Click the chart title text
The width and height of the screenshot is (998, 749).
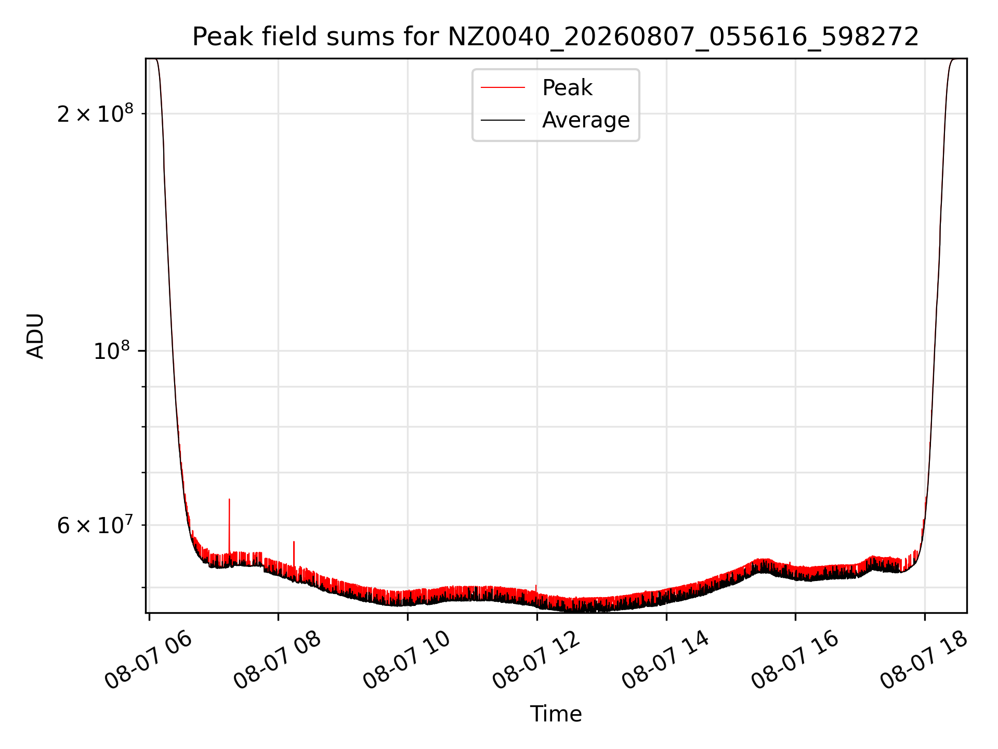coord(556,37)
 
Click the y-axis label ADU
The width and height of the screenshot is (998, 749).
coord(35,336)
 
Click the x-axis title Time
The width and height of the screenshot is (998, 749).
coord(556,714)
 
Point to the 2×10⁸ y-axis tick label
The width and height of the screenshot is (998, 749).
coord(95,113)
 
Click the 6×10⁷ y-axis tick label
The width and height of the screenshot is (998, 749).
coord(95,525)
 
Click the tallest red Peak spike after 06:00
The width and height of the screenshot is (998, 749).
coord(229,525)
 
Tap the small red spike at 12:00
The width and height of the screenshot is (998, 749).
coord(536,589)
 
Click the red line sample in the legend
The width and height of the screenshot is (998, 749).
coord(503,88)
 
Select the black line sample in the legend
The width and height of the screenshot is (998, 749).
coord(503,120)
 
